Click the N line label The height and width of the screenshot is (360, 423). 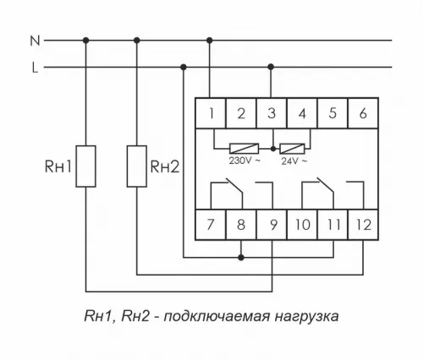click(x=34, y=40)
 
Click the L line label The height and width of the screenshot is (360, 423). click(x=34, y=68)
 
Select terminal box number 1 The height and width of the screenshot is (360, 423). click(x=210, y=113)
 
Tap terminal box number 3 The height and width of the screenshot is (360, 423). click(x=271, y=113)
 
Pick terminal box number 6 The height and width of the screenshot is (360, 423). click(x=363, y=113)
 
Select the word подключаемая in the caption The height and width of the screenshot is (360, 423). click(x=210, y=318)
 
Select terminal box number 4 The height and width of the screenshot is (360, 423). click(x=302, y=113)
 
